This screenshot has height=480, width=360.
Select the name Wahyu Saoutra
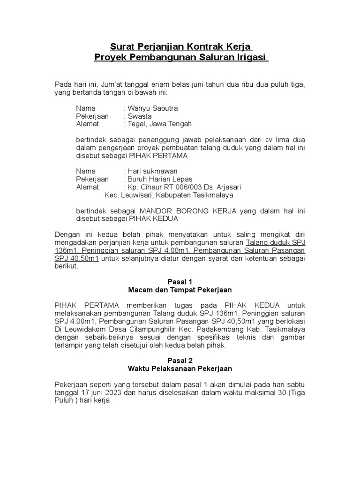[153, 108]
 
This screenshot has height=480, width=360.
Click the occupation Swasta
[140, 116]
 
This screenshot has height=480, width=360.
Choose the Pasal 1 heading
[180, 282]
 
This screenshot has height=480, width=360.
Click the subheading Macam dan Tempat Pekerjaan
[180, 290]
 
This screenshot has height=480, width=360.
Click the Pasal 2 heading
[180, 360]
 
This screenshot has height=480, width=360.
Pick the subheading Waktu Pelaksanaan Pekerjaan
[180, 369]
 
